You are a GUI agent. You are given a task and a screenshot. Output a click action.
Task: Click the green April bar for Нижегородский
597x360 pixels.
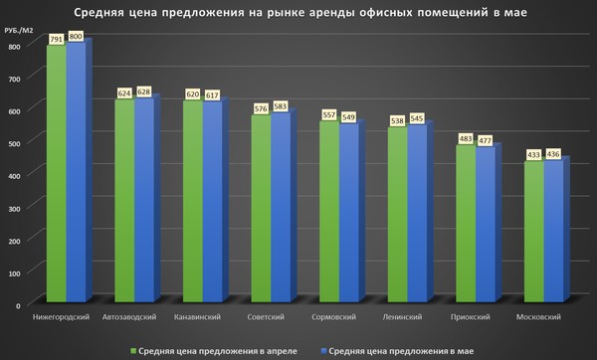(56, 174)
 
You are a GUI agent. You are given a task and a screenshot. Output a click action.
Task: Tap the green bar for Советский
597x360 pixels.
(261, 209)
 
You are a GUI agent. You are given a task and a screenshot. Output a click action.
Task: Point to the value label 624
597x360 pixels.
(124, 93)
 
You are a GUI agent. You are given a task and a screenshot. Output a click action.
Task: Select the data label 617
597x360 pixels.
(212, 94)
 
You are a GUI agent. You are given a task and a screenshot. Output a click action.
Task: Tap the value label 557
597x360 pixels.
(328, 114)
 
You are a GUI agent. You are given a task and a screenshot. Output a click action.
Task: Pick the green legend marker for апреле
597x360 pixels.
(133, 349)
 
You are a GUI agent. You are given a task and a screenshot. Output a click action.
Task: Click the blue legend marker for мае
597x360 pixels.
(323, 349)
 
